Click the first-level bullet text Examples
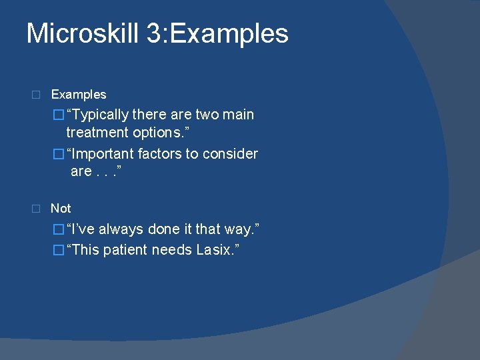79,95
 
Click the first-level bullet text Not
61,209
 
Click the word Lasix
216,250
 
